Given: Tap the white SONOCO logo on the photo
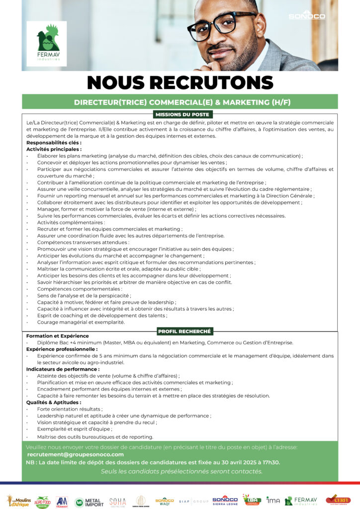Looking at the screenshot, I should (x=307, y=15).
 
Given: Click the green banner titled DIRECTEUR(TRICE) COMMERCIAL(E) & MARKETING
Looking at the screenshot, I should (x=182, y=102).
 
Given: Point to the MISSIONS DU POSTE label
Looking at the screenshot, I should (x=182, y=114).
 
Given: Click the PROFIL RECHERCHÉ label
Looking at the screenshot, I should (x=184, y=331).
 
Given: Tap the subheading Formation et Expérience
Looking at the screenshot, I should (x=57, y=336).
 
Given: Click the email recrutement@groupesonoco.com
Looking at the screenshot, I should (x=76, y=454).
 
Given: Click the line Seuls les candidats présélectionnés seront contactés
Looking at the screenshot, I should (x=181, y=471).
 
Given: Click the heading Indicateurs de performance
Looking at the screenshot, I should (x=63, y=369).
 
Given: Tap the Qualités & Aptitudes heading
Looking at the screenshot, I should (x=53, y=402).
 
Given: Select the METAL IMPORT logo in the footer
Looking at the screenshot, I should (x=89, y=502).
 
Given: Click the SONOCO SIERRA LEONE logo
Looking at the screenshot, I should (x=225, y=500).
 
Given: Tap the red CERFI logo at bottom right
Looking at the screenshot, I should (x=338, y=500).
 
